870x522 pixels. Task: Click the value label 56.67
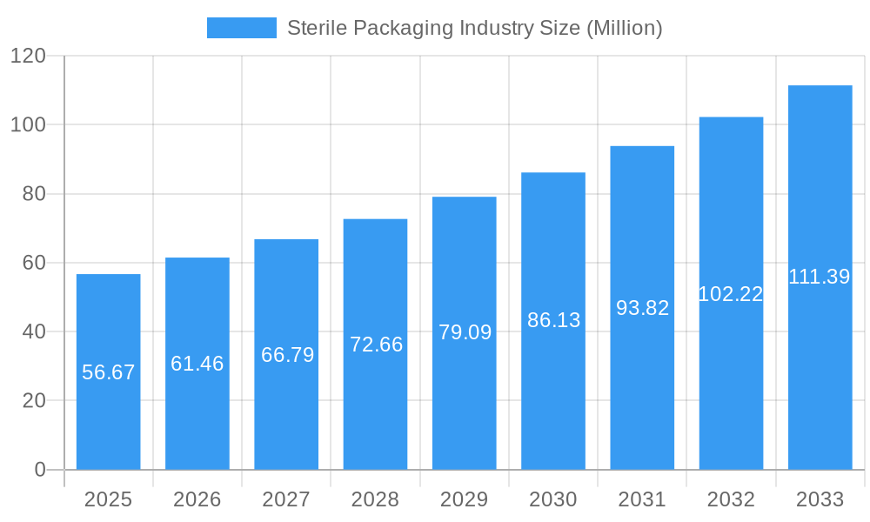[x=109, y=372]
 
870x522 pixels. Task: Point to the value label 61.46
[x=197, y=364]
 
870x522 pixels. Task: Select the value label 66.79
[x=287, y=355]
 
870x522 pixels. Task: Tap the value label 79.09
[x=465, y=332]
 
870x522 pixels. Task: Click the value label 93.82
[x=642, y=308]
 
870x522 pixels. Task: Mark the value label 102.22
[x=731, y=294]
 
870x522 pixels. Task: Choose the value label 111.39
[x=820, y=277]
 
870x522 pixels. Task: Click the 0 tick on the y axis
[x=40, y=470]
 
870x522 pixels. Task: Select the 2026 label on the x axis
[x=197, y=499]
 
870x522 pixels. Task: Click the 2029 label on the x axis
[x=465, y=499]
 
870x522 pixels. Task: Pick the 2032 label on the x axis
[x=731, y=499]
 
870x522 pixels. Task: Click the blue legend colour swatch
[x=241, y=28]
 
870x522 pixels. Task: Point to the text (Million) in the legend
[x=624, y=28]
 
